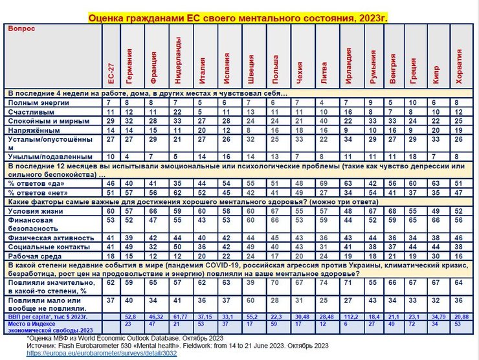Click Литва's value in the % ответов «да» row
324,184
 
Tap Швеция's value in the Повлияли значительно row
251,283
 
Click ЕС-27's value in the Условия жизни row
111,211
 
